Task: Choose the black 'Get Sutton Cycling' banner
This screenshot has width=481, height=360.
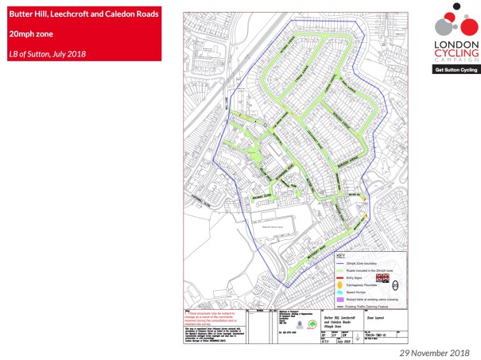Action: tap(456, 70)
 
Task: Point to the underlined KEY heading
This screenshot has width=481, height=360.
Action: tap(341, 257)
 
